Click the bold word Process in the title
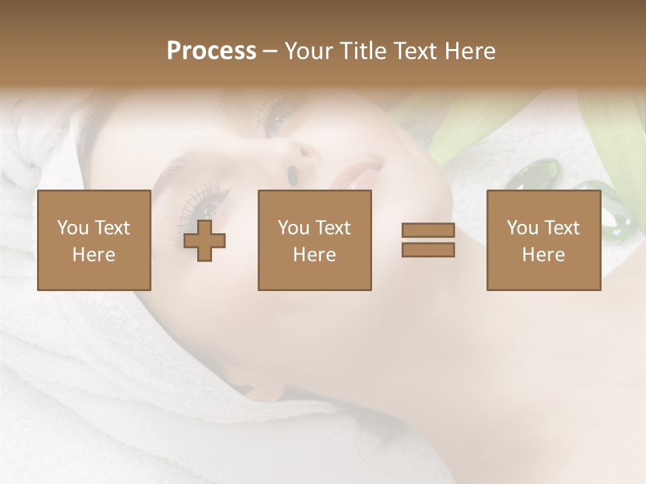click(211, 50)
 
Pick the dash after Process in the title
click(271, 52)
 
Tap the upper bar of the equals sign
click(428, 231)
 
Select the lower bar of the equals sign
click(428, 250)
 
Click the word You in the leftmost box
click(71, 228)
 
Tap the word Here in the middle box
click(315, 255)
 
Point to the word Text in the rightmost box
click(562, 228)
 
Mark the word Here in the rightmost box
click(544, 255)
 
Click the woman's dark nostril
click(293, 174)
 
